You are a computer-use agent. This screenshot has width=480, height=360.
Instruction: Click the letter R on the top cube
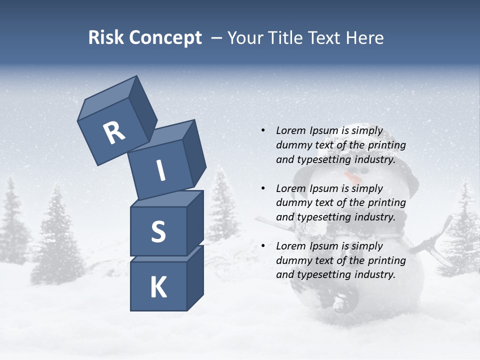[114, 133]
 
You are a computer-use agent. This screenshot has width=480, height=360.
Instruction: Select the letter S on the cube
[158, 231]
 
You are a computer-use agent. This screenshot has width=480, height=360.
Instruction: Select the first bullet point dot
[262, 130]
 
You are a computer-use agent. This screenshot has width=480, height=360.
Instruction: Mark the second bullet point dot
[262, 188]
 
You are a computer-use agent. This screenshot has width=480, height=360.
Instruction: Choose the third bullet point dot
[262, 246]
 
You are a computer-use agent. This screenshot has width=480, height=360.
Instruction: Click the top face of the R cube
[107, 99]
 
